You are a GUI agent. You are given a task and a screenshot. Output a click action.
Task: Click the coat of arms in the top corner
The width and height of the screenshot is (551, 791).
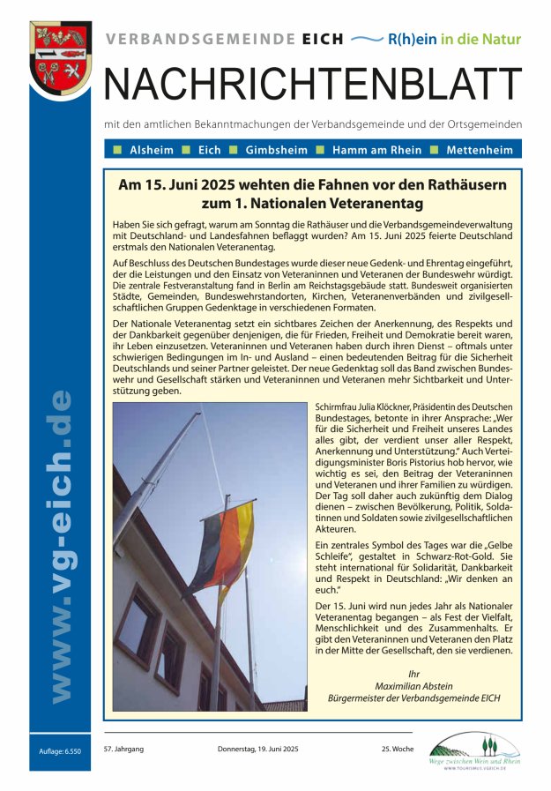pos(60,56)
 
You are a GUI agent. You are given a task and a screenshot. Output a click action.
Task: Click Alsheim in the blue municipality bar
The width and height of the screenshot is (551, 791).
pos(152,150)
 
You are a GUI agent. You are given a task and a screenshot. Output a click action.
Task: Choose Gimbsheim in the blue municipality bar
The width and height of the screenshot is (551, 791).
pos(275,150)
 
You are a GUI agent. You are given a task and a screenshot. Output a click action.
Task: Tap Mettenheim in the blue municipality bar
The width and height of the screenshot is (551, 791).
pos(479,150)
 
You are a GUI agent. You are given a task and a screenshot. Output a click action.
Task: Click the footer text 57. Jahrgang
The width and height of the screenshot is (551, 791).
pos(123,749)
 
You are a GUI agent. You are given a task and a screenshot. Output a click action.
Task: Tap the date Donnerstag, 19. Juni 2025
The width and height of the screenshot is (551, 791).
pos(258,749)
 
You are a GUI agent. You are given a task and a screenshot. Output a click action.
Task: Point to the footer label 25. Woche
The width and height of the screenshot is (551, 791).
pos(398,749)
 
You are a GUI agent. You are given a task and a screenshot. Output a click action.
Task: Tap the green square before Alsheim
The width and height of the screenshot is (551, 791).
pos(116,150)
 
